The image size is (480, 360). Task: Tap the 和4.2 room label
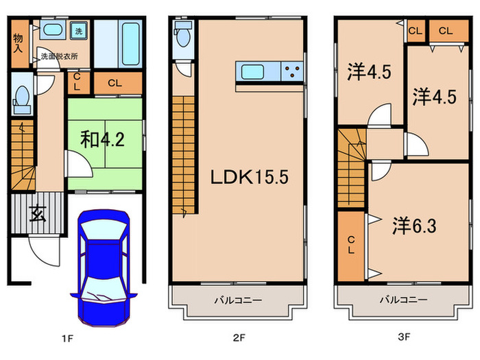(x=102, y=139)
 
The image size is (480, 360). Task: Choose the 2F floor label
(x=237, y=337)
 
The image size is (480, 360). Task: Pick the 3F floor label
(x=405, y=337)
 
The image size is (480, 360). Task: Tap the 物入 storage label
(x=18, y=42)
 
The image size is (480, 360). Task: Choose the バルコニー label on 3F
(x=405, y=300)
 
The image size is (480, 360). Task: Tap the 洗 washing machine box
(x=78, y=31)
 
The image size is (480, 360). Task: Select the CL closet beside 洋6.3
(x=351, y=245)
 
